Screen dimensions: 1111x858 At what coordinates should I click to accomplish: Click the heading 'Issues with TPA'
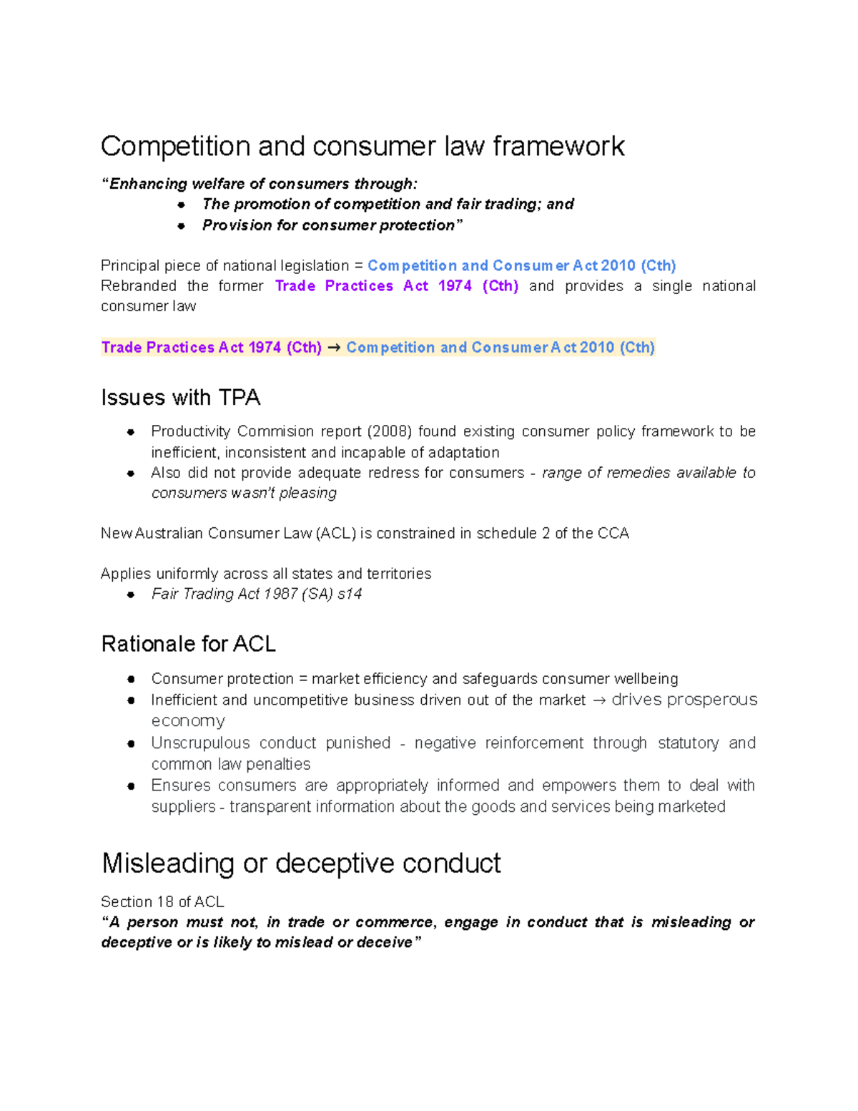pyautogui.click(x=180, y=398)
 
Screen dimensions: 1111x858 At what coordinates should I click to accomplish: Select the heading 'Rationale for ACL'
pyautogui.click(x=188, y=644)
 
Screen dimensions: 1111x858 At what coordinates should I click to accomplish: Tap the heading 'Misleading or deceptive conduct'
pyautogui.click(x=301, y=863)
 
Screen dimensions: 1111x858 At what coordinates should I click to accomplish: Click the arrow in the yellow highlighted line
pyautogui.click(x=334, y=348)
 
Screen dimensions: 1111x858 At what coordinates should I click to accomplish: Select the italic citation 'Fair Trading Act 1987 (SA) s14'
pyautogui.click(x=256, y=594)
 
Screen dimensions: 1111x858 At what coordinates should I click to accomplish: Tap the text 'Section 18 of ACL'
pyautogui.click(x=162, y=901)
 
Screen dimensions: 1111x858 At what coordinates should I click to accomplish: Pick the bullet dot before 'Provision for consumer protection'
pyautogui.click(x=182, y=225)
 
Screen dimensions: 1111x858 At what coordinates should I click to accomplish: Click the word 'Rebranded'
pyautogui.click(x=138, y=286)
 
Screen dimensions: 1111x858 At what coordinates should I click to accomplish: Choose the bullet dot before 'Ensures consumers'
pyautogui.click(x=131, y=785)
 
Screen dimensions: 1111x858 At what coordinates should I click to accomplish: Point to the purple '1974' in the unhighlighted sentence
pyautogui.click(x=455, y=286)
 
